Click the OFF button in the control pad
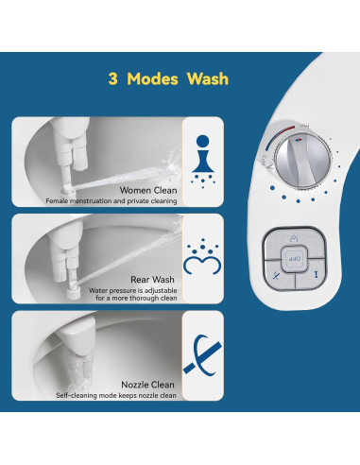point(293,257)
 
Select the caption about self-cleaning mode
point(116,395)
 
